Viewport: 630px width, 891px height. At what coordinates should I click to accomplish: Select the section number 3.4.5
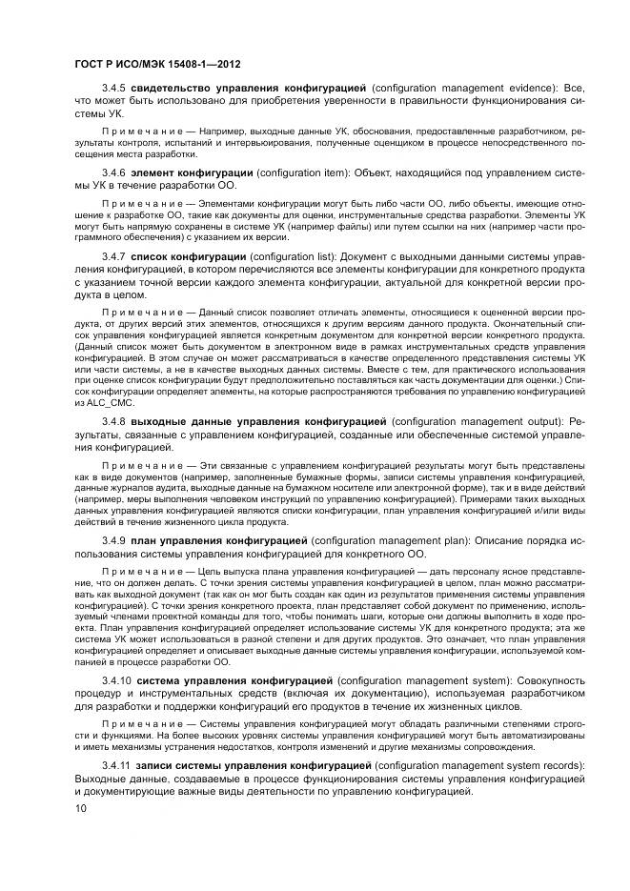(114, 88)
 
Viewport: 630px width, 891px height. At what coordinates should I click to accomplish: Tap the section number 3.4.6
(114, 172)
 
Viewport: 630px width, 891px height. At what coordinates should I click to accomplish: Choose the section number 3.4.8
(114, 420)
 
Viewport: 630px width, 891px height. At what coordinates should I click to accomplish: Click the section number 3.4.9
(114, 540)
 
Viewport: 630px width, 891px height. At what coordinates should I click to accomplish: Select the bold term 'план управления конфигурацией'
(226, 540)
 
